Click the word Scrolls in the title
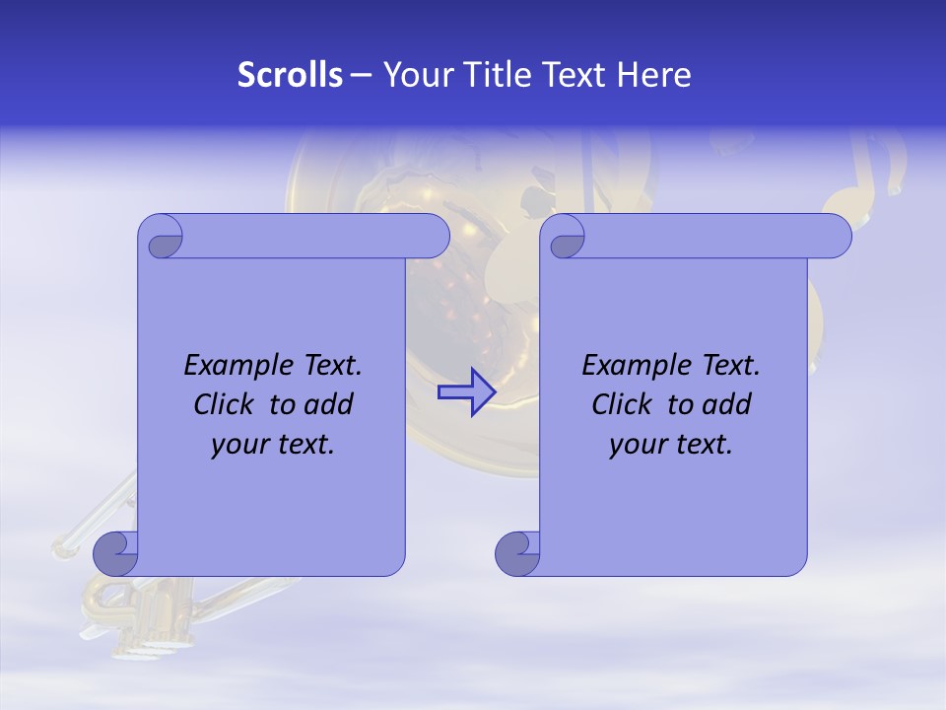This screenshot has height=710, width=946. click(x=290, y=75)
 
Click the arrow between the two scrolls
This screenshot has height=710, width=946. click(x=466, y=392)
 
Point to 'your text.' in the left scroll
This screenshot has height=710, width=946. click(x=273, y=445)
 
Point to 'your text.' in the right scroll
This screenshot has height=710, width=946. click(x=671, y=445)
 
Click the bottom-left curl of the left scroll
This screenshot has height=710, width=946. click(x=116, y=553)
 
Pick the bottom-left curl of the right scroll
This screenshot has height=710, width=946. click(x=517, y=553)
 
